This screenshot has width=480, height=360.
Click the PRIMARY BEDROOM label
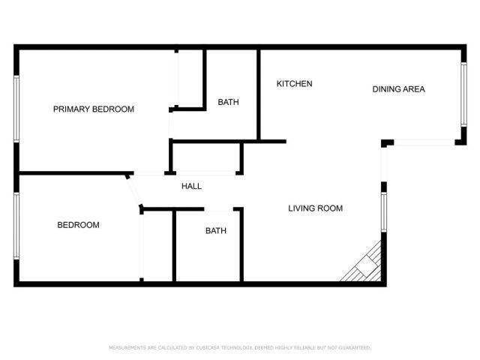point(94,109)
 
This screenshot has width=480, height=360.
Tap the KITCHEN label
point(295,84)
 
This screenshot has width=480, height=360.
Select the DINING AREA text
point(399,89)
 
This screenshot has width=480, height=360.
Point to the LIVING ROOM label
point(316,208)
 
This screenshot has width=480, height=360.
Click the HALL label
point(192,187)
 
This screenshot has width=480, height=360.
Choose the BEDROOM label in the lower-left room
point(79,225)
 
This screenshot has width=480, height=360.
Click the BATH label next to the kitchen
point(229,102)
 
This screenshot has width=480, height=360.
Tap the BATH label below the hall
point(216,231)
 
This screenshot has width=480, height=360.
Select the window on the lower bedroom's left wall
point(16,226)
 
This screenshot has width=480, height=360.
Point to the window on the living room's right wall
point(383,211)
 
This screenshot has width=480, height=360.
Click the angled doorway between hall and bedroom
point(136,192)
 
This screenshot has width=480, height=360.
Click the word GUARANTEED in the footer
point(353,348)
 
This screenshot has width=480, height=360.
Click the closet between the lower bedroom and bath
point(157,247)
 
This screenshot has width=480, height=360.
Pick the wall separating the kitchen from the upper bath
point(259,94)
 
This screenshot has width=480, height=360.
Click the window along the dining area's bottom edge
point(424,142)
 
